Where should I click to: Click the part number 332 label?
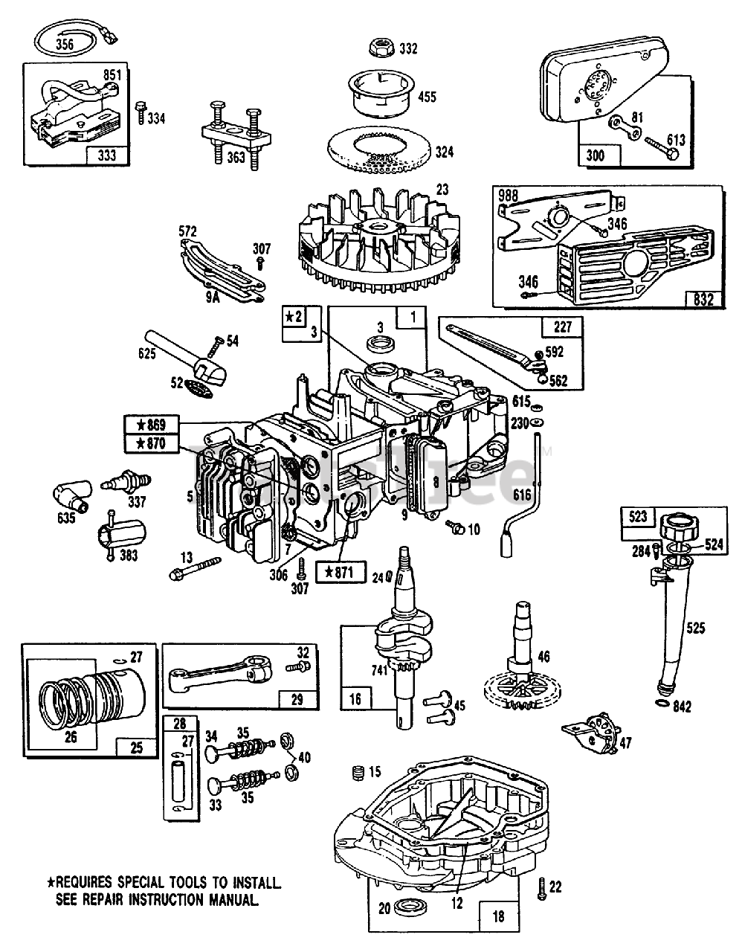409,49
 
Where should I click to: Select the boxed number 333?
107,155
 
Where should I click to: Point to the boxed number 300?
596,155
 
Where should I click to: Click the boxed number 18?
498,916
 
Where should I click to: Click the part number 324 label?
444,152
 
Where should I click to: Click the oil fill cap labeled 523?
678,530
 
